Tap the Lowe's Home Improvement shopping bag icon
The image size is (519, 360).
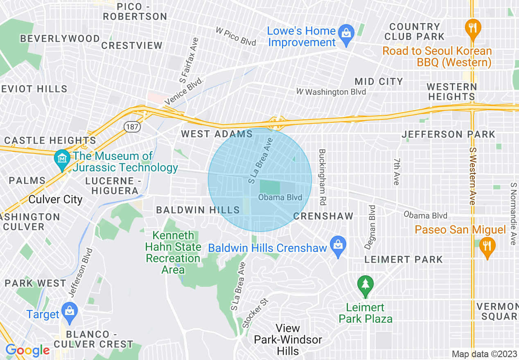point(346,36)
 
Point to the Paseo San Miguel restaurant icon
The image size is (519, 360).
point(487,247)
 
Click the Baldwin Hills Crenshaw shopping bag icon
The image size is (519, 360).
point(338,247)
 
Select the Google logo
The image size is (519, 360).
point(27,350)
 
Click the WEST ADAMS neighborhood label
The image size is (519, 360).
point(217,134)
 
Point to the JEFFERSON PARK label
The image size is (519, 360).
point(448,134)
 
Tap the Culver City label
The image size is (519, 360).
point(56,200)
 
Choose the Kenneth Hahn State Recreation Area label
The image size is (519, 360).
point(173,252)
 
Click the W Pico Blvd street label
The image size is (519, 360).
point(236,36)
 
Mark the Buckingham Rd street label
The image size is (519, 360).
point(322,177)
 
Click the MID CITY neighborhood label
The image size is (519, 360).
point(379,81)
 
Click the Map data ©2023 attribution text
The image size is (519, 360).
point(484,354)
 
